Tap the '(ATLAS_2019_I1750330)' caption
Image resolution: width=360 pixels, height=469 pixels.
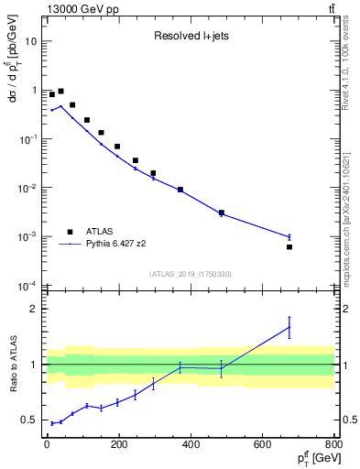click(x=191, y=274)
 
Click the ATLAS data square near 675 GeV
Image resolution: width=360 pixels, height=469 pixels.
click(x=289, y=247)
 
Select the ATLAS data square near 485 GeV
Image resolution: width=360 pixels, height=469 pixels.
click(x=222, y=213)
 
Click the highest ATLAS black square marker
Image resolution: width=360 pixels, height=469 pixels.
click(x=60, y=92)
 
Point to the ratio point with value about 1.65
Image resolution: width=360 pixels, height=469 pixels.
click(x=289, y=327)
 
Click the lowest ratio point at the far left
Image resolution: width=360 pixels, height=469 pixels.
click(x=52, y=423)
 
